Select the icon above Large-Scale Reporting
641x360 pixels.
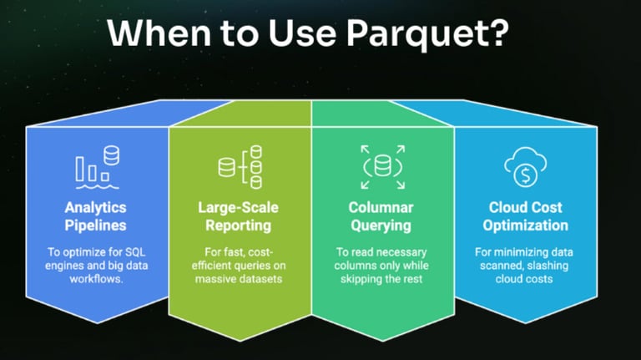click(x=240, y=166)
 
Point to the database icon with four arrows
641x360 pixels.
click(x=383, y=166)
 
